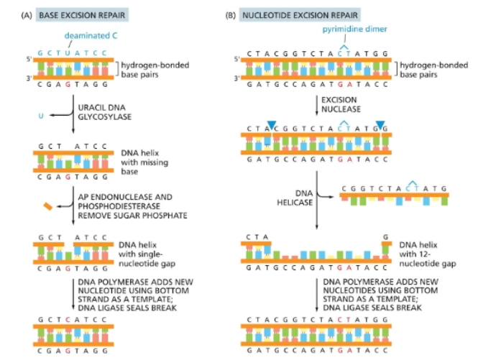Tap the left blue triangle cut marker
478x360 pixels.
270,124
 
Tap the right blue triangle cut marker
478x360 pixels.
380,124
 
